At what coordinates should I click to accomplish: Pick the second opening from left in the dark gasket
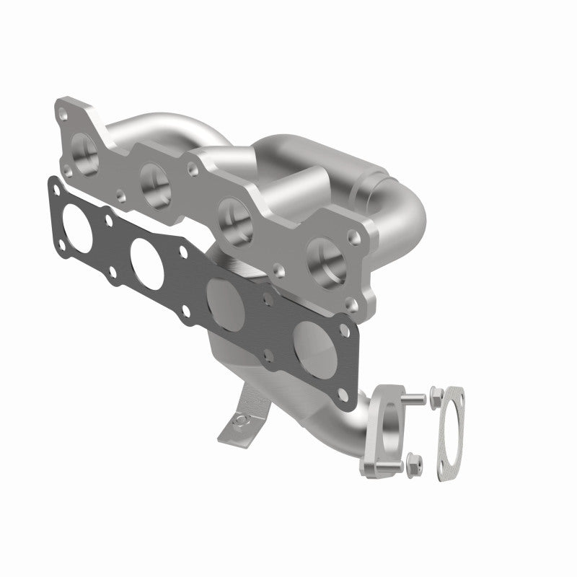(145, 255)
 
